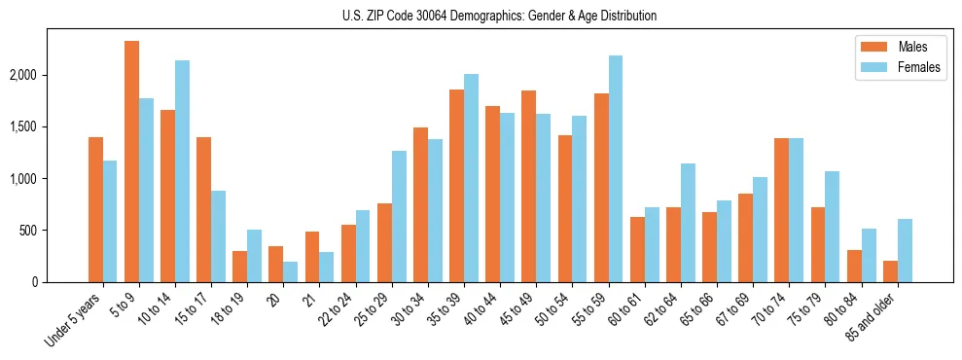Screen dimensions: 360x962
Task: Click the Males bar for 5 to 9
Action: (x=131, y=162)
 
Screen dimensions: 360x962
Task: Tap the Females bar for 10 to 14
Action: (x=182, y=171)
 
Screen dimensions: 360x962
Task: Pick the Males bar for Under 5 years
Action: (x=95, y=210)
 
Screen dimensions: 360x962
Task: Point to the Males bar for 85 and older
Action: (x=891, y=271)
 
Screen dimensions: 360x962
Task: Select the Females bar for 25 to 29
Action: (x=399, y=217)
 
